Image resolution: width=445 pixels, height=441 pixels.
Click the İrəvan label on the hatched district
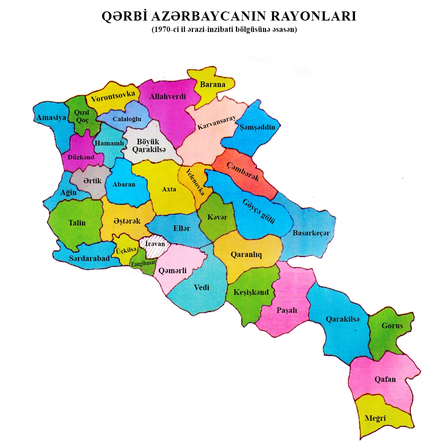(x=155, y=244)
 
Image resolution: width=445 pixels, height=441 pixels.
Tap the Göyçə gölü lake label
(x=259, y=212)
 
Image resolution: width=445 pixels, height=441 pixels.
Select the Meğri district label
(x=375, y=418)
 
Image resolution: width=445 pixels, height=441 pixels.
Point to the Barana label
(x=212, y=84)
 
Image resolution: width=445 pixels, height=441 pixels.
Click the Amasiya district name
(x=51, y=118)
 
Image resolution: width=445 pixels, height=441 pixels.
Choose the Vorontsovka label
(x=113, y=97)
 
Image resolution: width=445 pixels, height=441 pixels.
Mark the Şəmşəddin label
(x=257, y=127)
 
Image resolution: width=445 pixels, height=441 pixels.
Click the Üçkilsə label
(x=126, y=250)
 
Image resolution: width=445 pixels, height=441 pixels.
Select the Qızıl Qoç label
(x=82, y=116)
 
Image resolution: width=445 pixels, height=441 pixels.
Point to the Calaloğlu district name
(x=127, y=119)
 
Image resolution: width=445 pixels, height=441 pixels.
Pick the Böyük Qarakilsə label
(x=148, y=145)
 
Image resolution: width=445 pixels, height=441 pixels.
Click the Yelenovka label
(x=195, y=182)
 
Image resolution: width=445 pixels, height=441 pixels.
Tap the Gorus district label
(x=392, y=326)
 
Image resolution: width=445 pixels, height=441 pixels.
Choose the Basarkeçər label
(x=311, y=233)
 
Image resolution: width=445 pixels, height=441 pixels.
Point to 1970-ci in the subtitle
(x=165, y=30)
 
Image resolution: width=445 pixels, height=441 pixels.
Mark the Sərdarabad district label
(x=89, y=259)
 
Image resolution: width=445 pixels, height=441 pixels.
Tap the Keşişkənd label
(x=251, y=293)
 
